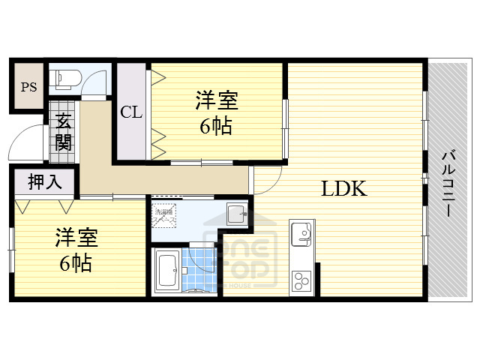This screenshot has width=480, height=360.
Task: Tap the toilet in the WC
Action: tap(64, 76)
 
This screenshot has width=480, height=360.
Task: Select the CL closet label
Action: tap(131, 112)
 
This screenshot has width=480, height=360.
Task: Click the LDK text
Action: tap(344, 188)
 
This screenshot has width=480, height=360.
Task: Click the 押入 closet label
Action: tap(44, 181)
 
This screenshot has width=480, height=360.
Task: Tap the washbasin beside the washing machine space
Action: tap(236, 211)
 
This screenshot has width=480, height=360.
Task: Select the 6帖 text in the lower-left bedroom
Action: tap(76, 264)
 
